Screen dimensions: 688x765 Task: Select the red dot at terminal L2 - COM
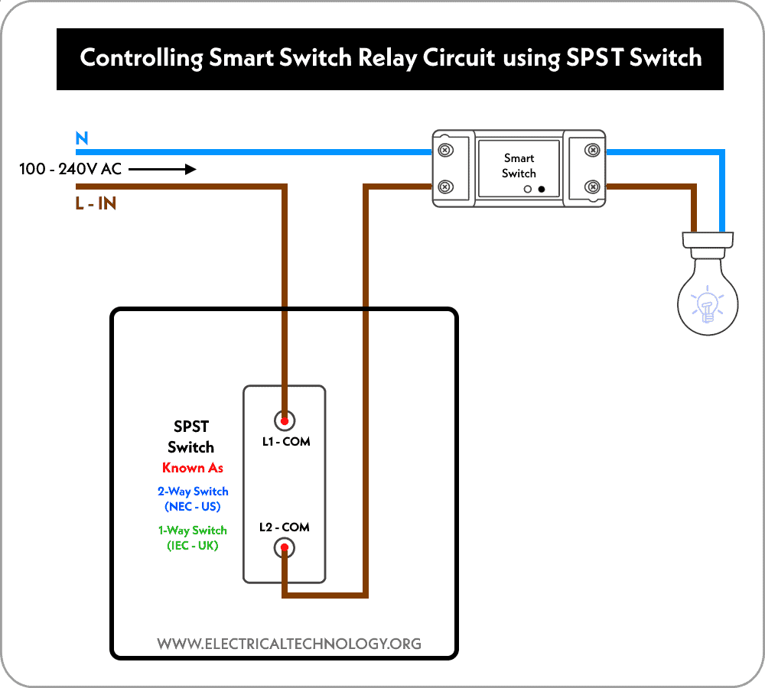pyautogui.click(x=285, y=547)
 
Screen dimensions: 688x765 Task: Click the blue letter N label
pyautogui.click(x=81, y=138)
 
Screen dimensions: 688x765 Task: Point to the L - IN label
pyautogui.click(x=96, y=204)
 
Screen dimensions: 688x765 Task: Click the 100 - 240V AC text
pyautogui.click(x=70, y=169)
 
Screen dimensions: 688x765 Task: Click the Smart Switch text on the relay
pyautogui.click(x=519, y=166)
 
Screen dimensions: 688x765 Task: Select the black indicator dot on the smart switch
pyautogui.click(x=542, y=188)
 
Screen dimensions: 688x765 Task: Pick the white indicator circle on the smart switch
pyautogui.click(x=528, y=188)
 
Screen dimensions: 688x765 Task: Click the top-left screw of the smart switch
pyautogui.click(x=444, y=150)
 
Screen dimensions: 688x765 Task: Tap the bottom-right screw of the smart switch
pyautogui.click(x=591, y=186)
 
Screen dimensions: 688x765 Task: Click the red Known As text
pyautogui.click(x=193, y=468)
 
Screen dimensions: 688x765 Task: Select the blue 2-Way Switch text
pyautogui.click(x=193, y=492)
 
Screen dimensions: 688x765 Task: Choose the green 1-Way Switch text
pyautogui.click(x=193, y=531)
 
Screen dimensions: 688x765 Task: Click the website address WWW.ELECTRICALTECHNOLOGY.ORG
pyautogui.click(x=289, y=644)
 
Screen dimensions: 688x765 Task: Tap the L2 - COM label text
pyautogui.click(x=284, y=527)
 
